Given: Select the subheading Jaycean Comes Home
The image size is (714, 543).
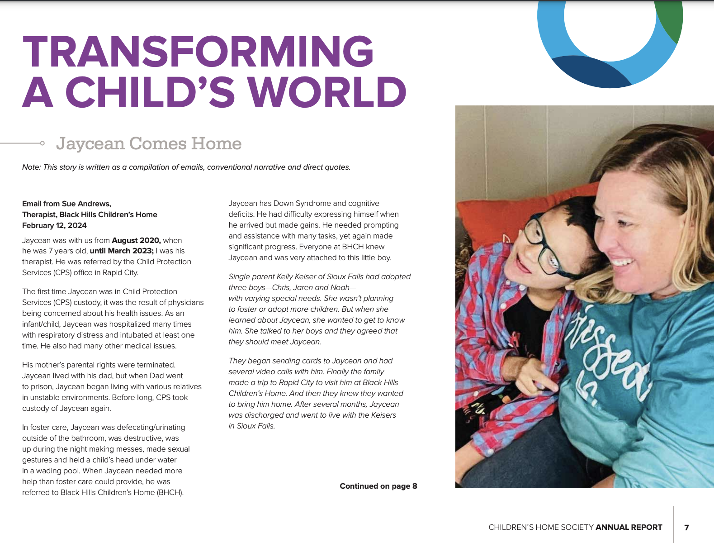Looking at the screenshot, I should coord(149,143).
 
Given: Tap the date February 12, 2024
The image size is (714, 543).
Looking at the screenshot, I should coord(54,225).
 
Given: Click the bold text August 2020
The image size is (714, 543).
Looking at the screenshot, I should coord(136,240).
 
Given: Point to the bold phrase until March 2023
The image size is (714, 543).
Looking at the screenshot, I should coord(122,251).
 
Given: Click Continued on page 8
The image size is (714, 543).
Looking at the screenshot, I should coord(378,486).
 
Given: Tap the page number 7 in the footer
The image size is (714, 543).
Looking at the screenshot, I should coord(686,527).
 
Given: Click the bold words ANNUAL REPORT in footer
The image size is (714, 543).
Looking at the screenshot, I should coord(629,527).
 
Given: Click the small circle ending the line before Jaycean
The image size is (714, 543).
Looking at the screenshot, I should coord(42,143).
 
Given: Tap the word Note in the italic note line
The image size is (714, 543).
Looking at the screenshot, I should coord(31,167).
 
